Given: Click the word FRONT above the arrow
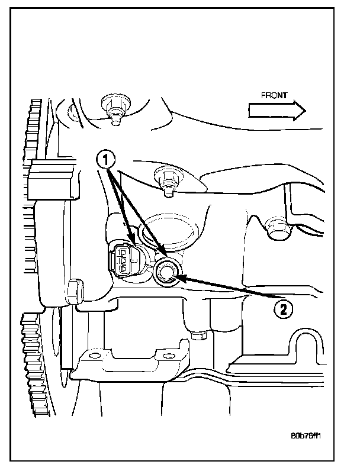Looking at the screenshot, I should pyautogui.click(x=274, y=95).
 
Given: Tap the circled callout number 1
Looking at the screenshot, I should pyautogui.click(x=105, y=159).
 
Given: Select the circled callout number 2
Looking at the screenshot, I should pyautogui.click(x=282, y=309).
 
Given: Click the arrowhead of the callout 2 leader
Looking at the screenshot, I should pyautogui.click(x=180, y=276).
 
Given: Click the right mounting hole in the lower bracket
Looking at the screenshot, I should pyautogui.click(x=166, y=356).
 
